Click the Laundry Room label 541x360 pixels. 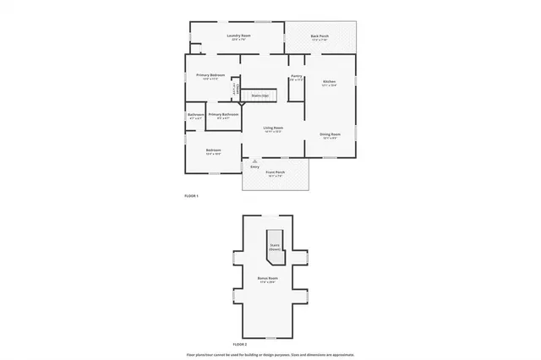click(x=239, y=36)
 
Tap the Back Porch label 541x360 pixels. click(x=320, y=36)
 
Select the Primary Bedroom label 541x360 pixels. click(x=210, y=76)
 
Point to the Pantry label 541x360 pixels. click(x=296, y=77)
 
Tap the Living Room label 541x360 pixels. click(x=272, y=128)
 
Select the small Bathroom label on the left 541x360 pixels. click(x=195, y=115)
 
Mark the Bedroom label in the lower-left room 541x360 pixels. click(x=213, y=151)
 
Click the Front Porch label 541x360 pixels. click(x=275, y=172)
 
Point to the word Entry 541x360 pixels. click(x=254, y=166)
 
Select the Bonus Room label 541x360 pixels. click(x=268, y=278)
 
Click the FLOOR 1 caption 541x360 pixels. click(x=191, y=195)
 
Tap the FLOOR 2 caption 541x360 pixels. click(x=239, y=344)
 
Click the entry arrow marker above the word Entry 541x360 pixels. click(x=254, y=161)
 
